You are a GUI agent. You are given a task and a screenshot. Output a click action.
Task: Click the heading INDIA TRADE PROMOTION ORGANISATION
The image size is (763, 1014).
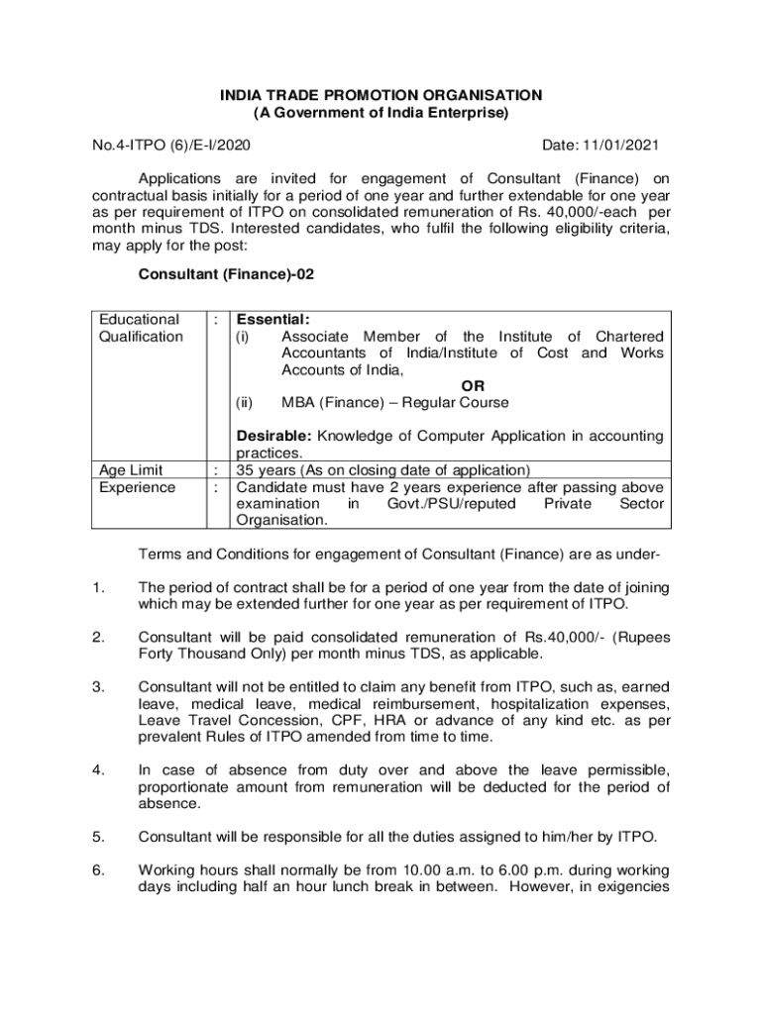pos(381,95)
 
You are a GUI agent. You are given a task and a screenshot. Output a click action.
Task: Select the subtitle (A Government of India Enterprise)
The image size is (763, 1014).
pos(381,113)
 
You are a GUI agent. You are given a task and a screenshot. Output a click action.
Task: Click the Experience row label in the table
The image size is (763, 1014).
pos(138,487)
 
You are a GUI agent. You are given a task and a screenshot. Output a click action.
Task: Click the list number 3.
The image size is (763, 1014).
pos(97,686)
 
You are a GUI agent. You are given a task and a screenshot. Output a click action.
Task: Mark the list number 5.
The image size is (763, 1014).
pos(97,836)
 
